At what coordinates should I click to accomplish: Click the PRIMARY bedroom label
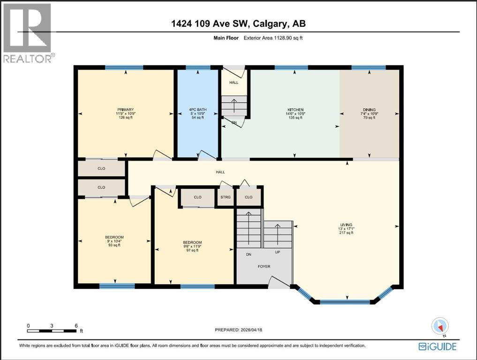[126, 113]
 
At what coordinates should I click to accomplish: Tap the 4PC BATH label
[197, 113]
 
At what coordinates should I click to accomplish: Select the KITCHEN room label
[295, 113]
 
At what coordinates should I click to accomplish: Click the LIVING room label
[346, 229]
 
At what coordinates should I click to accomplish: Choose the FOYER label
[264, 266]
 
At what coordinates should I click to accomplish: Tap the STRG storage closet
[226, 197]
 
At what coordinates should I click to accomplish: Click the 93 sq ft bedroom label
[114, 241]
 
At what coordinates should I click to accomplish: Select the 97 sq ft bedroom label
[190, 246]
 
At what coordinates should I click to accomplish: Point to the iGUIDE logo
[437, 346]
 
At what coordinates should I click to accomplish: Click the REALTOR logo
[28, 33]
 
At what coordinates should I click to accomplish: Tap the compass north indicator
[440, 326]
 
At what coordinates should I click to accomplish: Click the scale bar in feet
[52, 331]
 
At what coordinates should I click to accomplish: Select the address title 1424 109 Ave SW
[238, 24]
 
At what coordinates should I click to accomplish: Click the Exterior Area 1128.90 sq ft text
[273, 38]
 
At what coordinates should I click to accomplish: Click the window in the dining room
[369, 67]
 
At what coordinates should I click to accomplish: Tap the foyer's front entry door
[280, 282]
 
